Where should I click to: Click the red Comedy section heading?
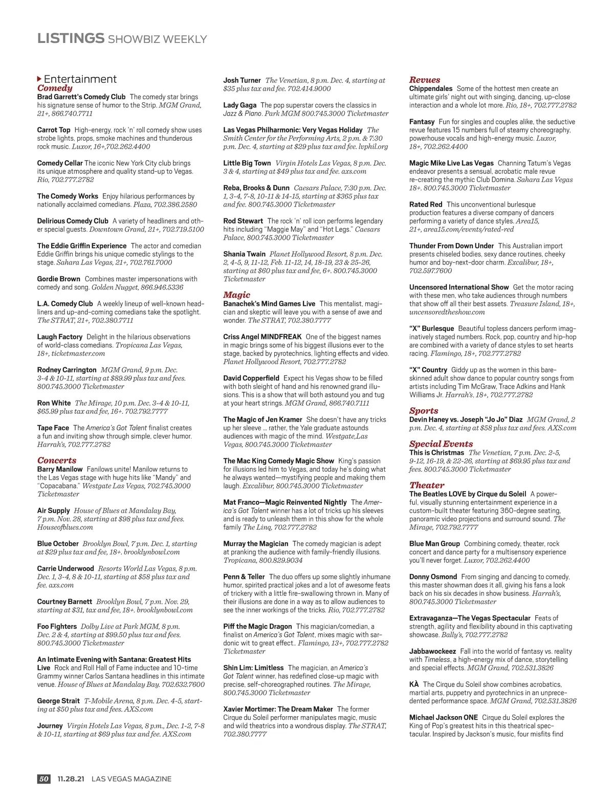[x=55, y=88]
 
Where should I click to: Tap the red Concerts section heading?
[x=57, y=460]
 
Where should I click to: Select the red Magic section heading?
[x=236, y=295]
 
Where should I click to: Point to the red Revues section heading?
[x=424, y=80]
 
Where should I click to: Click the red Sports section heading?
[x=424, y=411]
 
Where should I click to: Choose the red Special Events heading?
[x=441, y=444]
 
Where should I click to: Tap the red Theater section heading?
[x=427, y=485]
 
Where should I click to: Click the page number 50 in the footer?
[x=44, y=779]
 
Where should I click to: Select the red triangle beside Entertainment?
[x=39, y=79]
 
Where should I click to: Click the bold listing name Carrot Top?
[x=54, y=130]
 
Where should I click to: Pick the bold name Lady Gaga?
[x=239, y=105]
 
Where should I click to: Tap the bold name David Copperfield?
[x=251, y=378]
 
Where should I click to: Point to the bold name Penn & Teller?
[x=244, y=576]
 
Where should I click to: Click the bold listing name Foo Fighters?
[x=57, y=626]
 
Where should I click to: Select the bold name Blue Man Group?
[x=434, y=544]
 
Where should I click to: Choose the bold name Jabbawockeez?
[x=432, y=651]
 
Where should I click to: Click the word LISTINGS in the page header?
[x=71, y=38]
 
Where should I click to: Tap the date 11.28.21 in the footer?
[x=71, y=779]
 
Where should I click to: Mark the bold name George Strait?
[x=58, y=701]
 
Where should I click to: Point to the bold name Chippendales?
[x=431, y=88]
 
